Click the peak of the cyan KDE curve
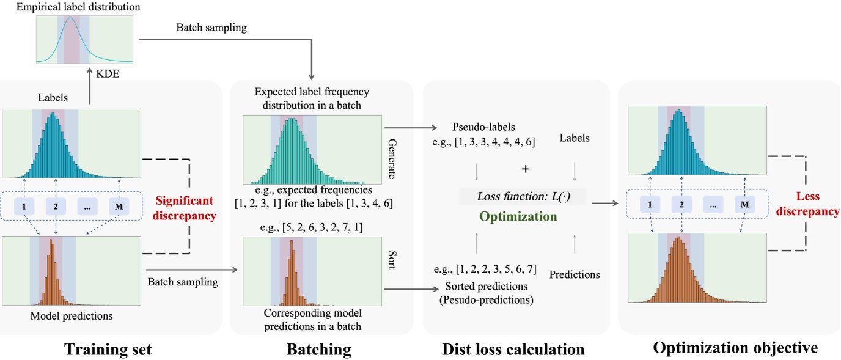[x=71, y=19]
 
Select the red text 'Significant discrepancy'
[x=185, y=208]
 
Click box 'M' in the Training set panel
[x=119, y=207]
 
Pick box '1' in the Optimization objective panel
[x=651, y=204]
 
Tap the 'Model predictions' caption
[x=72, y=316]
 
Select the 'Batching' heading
[x=319, y=350]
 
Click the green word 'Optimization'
[x=518, y=217]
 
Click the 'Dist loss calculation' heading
[x=513, y=350]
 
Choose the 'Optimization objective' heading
[x=735, y=348]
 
